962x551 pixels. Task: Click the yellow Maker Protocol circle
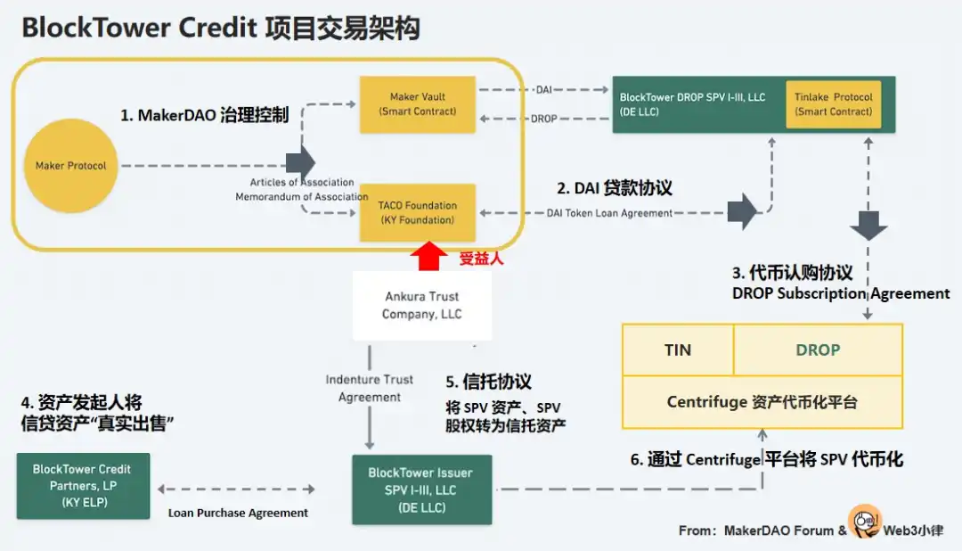70,166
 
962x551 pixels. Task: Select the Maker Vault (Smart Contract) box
417,104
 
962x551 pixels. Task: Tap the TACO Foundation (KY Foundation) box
417,212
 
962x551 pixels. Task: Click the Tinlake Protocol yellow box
834,104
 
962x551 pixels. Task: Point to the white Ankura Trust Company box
422,305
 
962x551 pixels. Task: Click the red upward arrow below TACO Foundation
428,257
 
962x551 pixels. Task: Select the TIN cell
677,350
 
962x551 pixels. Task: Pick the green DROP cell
818,350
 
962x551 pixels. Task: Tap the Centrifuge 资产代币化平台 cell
762,402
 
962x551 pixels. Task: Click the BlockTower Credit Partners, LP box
82,486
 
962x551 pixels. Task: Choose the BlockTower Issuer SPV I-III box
421,489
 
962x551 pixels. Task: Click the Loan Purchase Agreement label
238,513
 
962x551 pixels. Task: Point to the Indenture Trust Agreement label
370,388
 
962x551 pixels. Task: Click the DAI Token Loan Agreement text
610,212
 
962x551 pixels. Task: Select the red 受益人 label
482,259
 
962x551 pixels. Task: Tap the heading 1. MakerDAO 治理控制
205,116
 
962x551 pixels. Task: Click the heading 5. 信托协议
488,382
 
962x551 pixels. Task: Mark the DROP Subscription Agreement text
841,293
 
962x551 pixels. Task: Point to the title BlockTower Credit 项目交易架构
220,28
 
